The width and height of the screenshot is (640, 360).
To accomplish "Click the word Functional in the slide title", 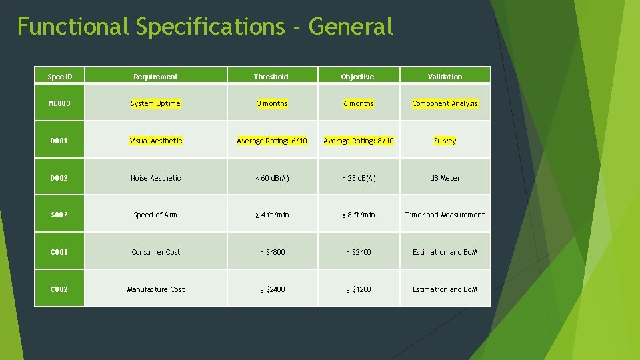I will (73, 27).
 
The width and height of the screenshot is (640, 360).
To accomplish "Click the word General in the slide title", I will (351, 27).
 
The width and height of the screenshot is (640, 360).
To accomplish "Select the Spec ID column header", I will (60, 77).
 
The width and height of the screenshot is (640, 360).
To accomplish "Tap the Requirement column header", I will (155, 77).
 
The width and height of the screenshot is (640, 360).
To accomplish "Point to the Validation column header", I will (445, 77).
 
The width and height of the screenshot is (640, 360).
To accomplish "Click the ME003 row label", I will (60, 103).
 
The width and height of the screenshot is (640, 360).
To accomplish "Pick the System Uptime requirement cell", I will (155, 103).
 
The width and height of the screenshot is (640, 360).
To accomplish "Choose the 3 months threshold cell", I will (272, 103).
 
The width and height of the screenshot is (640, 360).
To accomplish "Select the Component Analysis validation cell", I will (445, 103).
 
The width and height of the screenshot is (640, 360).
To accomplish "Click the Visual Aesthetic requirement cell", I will (155, 141).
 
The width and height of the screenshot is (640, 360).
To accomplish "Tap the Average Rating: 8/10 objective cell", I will (359, 141).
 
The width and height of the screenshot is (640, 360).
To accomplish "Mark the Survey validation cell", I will (445, 141).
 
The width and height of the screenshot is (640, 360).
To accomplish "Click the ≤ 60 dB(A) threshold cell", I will (272, 178).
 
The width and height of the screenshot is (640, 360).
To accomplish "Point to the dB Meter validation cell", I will (445, 178).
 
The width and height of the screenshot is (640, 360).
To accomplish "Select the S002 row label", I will (60, 215).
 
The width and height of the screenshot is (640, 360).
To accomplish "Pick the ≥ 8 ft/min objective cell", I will (359, 215).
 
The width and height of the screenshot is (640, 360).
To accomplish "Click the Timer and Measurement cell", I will (445, 215).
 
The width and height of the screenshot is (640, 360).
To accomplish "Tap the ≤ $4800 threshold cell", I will (272, 252).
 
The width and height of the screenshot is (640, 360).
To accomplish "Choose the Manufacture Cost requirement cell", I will (155, 289).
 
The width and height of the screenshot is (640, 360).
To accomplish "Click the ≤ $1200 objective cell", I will (359, 289).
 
